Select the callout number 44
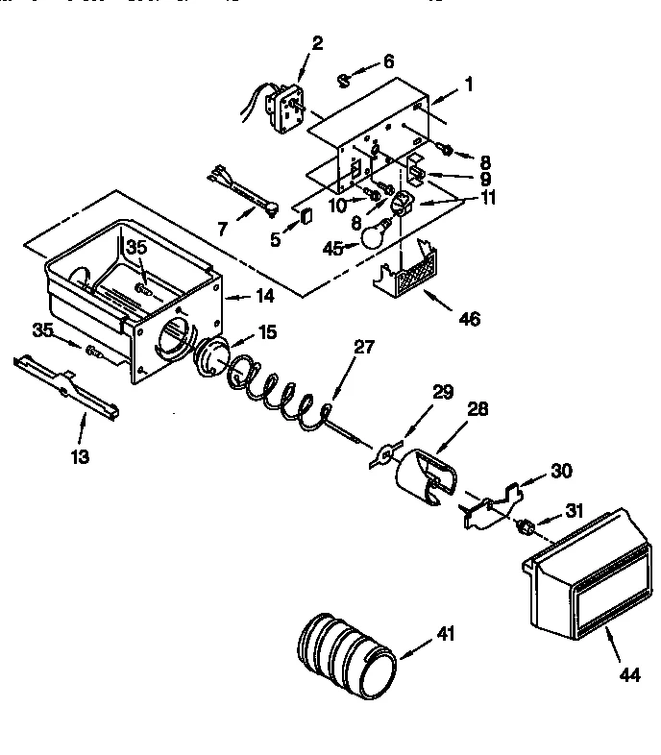pos(628,675)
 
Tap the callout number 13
pos(80,457)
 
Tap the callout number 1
pos(468,84)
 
